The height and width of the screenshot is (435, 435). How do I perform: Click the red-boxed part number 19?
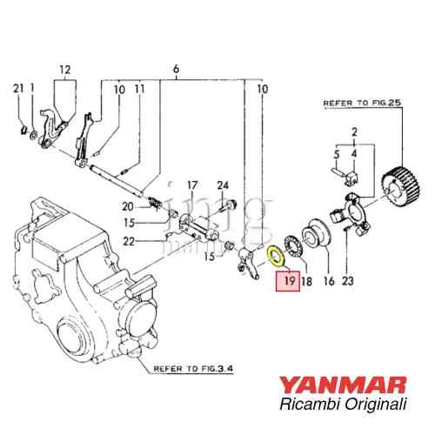(286, 281)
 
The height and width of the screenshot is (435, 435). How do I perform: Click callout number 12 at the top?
(64, 70)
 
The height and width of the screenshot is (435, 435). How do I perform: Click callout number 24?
(222, 184)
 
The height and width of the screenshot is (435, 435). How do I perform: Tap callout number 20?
(129, 206)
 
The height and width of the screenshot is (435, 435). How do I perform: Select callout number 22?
(129, 241)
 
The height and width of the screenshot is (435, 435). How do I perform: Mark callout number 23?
(349, 281)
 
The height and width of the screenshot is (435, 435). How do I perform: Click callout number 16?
(328, 281)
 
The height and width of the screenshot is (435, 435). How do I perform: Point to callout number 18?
(306, 281)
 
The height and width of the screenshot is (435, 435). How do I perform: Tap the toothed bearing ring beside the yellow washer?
(291, 244)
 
